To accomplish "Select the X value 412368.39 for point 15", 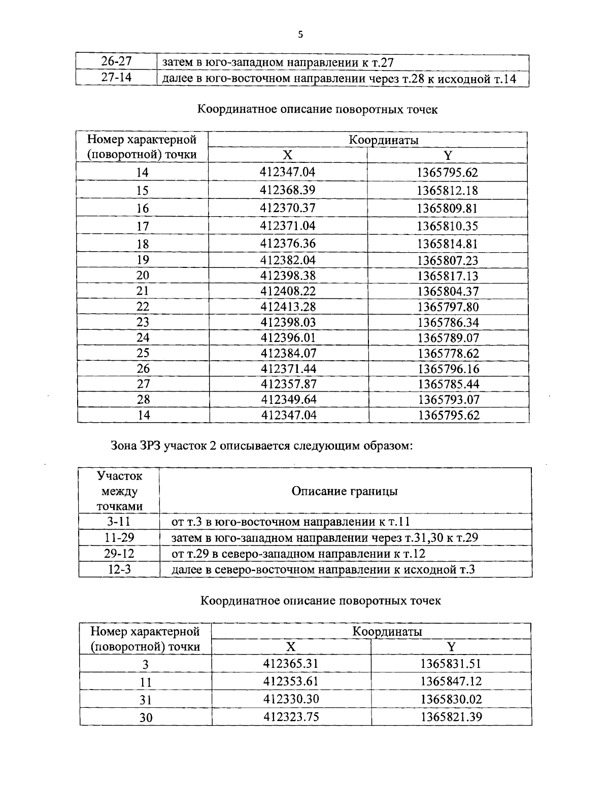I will (x=287, y=190).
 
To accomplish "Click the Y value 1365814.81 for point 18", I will (x=447, y=244).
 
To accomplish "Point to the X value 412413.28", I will (x=288, y=307).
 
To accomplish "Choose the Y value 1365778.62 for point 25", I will (x=448, y=353).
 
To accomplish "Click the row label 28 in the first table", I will (x=143, y=400).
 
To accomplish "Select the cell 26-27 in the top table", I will (x=116, y=62).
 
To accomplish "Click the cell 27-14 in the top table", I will (x=116, y=78).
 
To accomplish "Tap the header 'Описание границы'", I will (x=345, y=491).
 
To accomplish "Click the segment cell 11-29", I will (x=120, y=538).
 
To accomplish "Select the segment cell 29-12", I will (x=120, y=554).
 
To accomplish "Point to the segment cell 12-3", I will (x=120, y=569).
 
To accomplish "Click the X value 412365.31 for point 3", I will (x=291, y=663).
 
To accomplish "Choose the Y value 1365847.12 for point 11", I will (x=451, y=681).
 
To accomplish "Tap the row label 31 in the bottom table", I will (x=146, y=700).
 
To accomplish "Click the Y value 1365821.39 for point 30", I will (x=451, y=717).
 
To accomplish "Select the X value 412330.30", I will (x=291, y=699).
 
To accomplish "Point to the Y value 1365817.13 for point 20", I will (x=448, y=276).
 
